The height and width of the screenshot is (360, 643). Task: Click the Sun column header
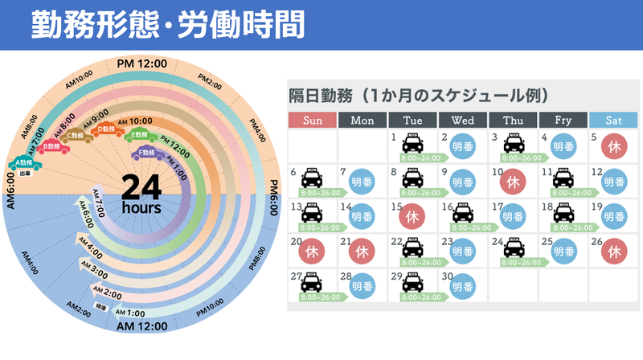click(x=312, y=121)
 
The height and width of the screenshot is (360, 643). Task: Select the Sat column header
click(x=612, y=121)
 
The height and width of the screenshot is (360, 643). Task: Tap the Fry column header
click(x=563, y=121)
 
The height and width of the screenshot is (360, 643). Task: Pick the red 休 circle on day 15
click(x=412, y=216)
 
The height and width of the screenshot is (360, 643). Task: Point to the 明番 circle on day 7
click(x=362, y=182)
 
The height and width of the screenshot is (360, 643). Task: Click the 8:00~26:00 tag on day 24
click(x=513, y=263)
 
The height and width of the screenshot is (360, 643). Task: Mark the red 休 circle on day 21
click(x=362, y=252)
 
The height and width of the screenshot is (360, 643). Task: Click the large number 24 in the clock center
click(x=142, y=186)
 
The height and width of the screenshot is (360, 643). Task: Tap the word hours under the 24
click(x=141, y=207)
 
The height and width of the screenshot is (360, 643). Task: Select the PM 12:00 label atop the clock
click(x=142, y=63)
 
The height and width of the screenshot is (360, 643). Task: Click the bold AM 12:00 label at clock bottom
click(x=142, y=325)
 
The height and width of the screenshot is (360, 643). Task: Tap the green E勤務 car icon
click(x=140, y=137)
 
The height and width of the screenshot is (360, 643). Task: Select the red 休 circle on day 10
click(x=513, y=182)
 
